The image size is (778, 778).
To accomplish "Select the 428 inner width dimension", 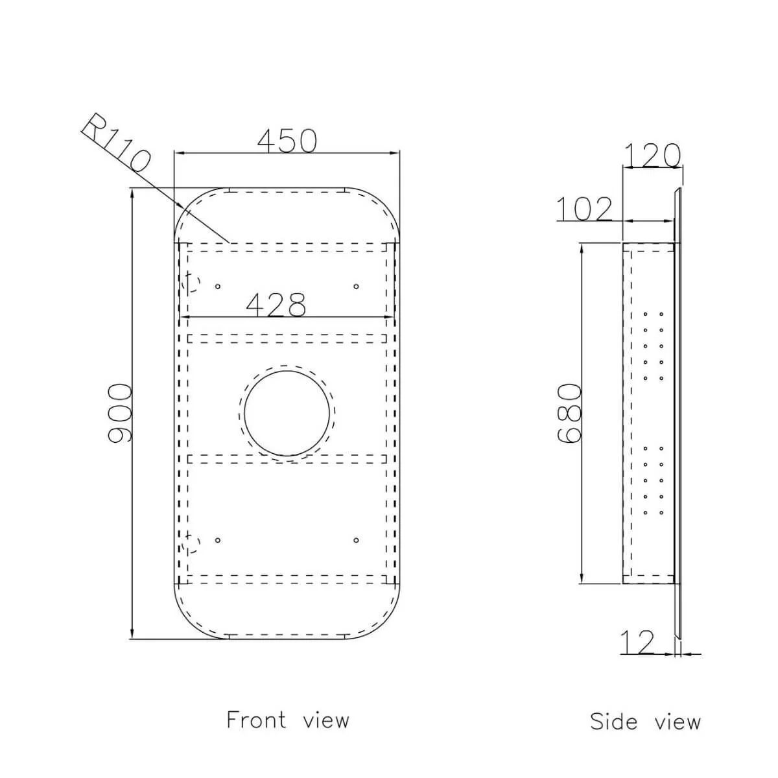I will [276, 305].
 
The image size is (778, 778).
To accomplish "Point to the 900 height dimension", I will [120, 414].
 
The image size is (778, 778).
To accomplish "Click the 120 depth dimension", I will [652, 155].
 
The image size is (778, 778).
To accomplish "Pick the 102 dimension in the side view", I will [583, 209].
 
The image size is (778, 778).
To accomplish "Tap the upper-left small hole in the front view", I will [218, 286].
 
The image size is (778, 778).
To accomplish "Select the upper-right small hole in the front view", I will [355, 286].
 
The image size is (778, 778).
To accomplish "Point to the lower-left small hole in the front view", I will [218, 539].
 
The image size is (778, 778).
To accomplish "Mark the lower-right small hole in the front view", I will [356, 539].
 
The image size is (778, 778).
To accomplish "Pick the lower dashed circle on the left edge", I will [191, 543].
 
